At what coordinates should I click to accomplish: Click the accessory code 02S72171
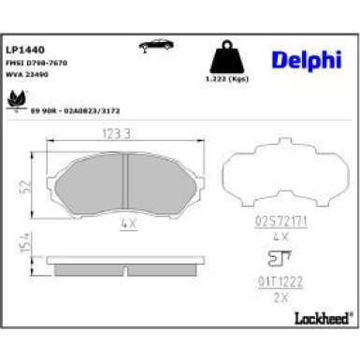coord(278,221)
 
